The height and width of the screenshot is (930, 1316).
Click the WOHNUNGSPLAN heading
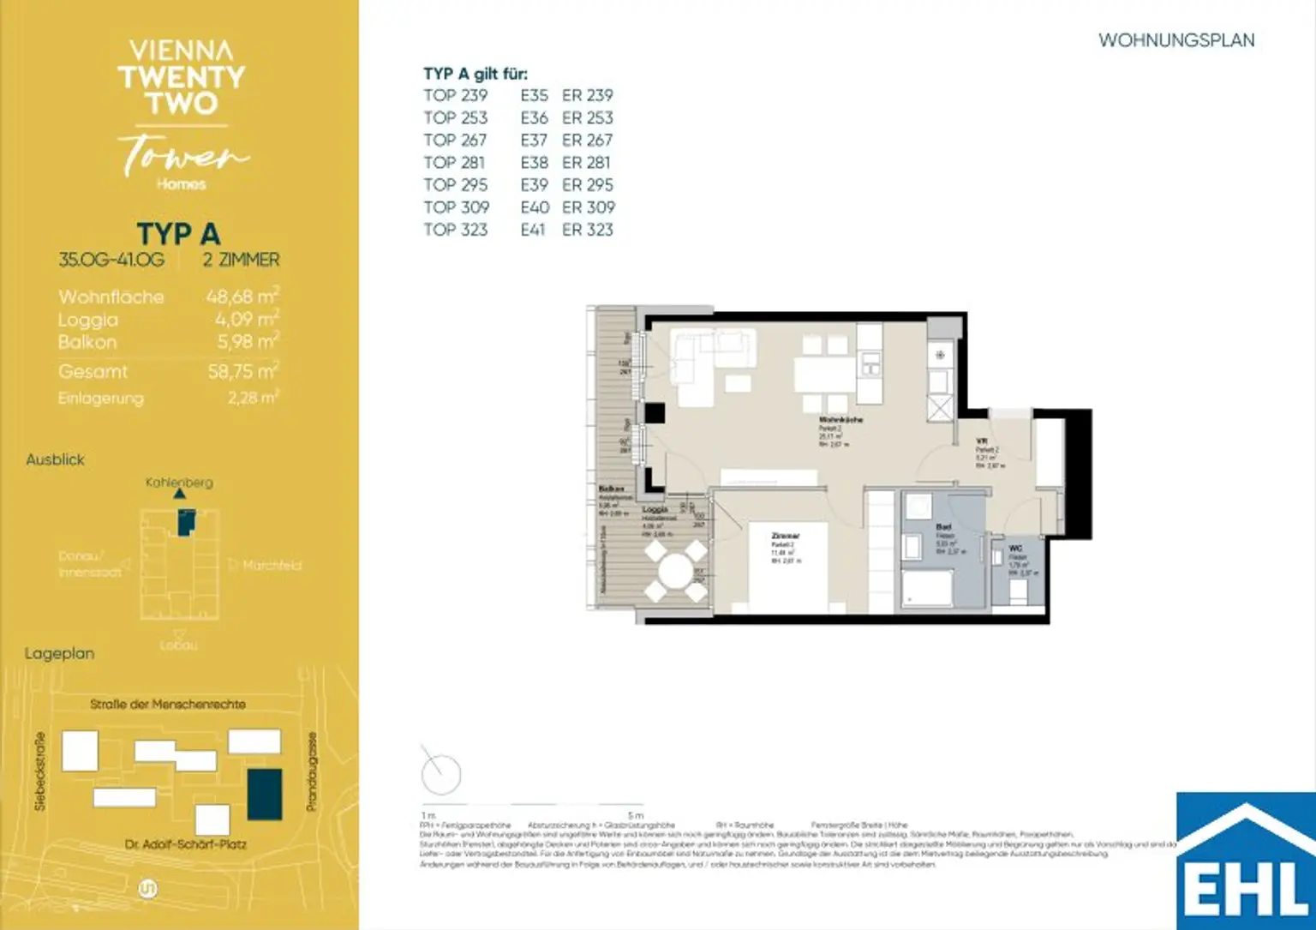1175,40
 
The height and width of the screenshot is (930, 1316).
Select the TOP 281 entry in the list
454,163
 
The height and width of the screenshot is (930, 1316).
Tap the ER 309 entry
588,207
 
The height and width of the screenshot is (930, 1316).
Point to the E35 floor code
534,95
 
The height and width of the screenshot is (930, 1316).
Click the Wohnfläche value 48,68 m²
242,297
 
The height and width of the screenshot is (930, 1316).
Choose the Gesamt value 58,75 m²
242,371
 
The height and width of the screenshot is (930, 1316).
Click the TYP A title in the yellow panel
178,234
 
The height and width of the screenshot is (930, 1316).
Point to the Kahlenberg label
179,483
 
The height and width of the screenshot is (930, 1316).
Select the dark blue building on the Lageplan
265,795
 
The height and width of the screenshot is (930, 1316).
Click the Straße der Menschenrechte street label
168,704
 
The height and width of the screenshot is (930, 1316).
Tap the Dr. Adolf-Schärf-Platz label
185,844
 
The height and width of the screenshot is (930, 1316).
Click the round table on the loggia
675,570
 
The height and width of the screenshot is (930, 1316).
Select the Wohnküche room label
840,420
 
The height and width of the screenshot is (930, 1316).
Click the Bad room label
943,527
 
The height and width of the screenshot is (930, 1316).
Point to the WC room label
1015,549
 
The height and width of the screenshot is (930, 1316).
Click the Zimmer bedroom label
785,536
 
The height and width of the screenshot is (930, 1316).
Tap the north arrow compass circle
441,775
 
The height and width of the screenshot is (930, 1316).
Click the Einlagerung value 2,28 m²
253,398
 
